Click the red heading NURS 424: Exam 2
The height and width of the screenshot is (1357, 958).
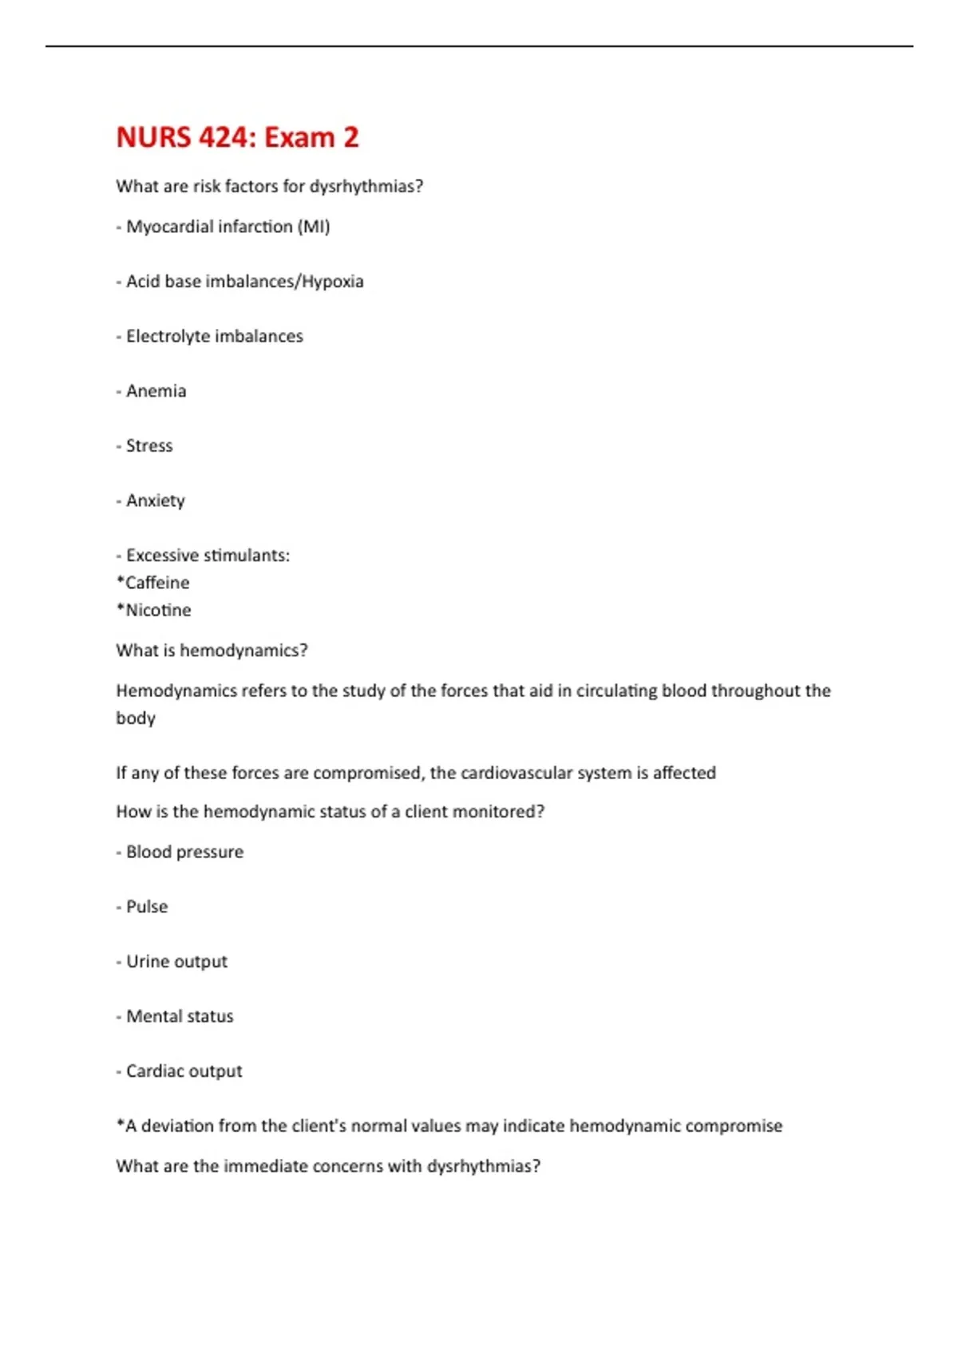click(237, 137)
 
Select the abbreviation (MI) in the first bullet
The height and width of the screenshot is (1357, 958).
click(314, 227)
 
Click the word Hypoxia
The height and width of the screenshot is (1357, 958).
click(333, 282)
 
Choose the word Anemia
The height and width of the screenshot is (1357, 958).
click(156, 391)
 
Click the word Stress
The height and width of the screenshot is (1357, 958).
click(149, 445)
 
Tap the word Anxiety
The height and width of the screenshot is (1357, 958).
click(155, 500)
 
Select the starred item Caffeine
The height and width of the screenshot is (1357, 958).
click(156, 583)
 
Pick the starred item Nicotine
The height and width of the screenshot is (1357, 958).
click(158, 610)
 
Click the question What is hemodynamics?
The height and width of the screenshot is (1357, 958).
click(212, 651)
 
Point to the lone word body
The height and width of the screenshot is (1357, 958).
click(136, 718)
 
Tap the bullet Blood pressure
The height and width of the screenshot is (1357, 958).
click(184, 852)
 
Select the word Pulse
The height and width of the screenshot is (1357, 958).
click(147, 907)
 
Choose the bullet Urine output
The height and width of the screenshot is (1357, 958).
click(176, 962)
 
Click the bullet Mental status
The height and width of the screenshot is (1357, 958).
click(180, 1016)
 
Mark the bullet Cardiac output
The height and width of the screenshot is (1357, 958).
click(184, 1071)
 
